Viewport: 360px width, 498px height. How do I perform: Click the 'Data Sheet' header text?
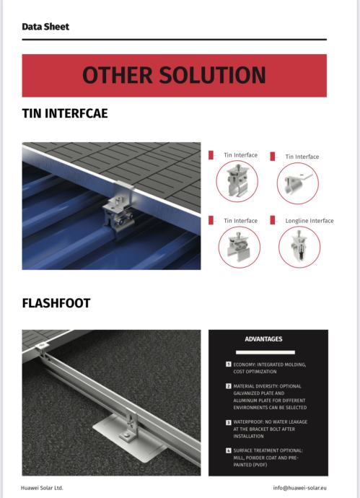click(45, 27)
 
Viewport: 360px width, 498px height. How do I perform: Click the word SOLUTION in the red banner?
click(212, 75)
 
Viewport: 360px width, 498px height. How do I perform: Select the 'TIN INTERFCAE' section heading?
click(65, 113)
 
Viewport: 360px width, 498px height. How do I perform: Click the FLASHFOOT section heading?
click(56, 303)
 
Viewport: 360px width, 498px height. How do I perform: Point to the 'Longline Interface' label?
click(309, 221)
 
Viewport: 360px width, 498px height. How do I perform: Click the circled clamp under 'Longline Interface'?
click(299, 247)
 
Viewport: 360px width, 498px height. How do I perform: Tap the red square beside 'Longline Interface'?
click(273, 220)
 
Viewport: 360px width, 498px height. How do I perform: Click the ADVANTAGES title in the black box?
click(263, 339)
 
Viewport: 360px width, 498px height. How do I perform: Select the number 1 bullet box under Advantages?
click(228, 364)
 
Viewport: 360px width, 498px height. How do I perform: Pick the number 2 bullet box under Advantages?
click(228, 386)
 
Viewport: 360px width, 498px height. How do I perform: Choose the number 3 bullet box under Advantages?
click(228, 422)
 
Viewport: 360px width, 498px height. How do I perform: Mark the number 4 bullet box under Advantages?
click(228, 450)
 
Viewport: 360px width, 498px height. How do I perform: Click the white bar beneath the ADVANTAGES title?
click(265, 352)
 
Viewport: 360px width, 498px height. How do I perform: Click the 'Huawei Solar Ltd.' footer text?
click(42, 488)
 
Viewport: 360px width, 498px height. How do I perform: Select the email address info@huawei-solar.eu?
click(299, 488)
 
